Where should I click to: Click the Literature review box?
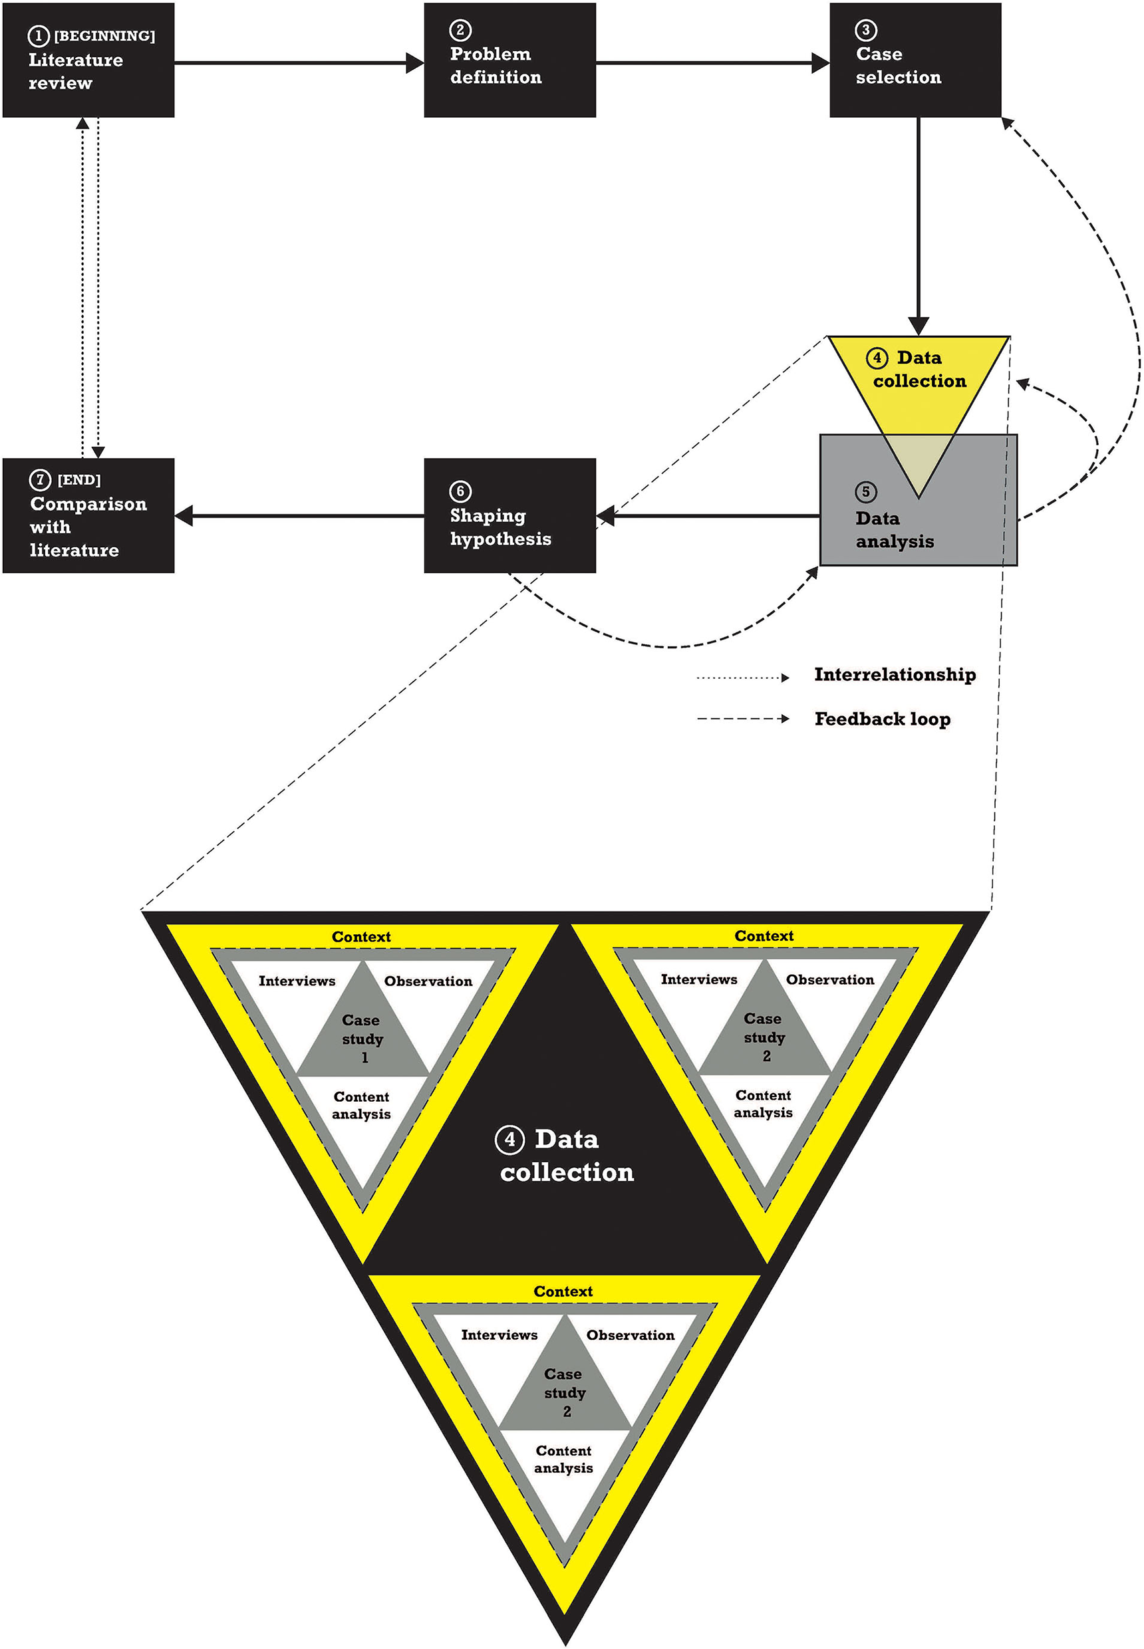pyautogui.click(x=88, y=61)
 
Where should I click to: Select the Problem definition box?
pyautogui.click(x=509, y=61)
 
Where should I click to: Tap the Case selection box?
pyautogui.click(x=915, y=61)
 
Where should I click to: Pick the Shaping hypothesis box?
pyautogui.click(x=509, y=515)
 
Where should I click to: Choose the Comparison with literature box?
pyautogui.click(x=88, y=515)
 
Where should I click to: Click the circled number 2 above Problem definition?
pyautogui.click(x=460, y=30)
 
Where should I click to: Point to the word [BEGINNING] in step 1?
pyautogui.click(x=104, y=36)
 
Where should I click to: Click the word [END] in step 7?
pyautogui.click(x=79, y=479)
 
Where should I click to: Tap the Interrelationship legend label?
pyautogui.click(x=895, y=674)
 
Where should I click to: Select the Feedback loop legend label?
pyautogui.click(x=883, y=719)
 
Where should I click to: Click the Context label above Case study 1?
pyautogui.click(x=361, y=937)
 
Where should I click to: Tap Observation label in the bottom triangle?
pyautogui.click(x=630, y=1335)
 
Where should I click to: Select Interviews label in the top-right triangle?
pyautogui.click(x=699, y=979)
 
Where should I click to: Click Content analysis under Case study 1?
pyautogui.click(x=361, y=1105)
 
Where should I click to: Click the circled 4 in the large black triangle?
pyautogui.click(x=509, y=1139)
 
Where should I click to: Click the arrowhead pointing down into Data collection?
pyautogui.click(x=919, y=326)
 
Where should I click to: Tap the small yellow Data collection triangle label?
pyautogui.click(x=919, y=369)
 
